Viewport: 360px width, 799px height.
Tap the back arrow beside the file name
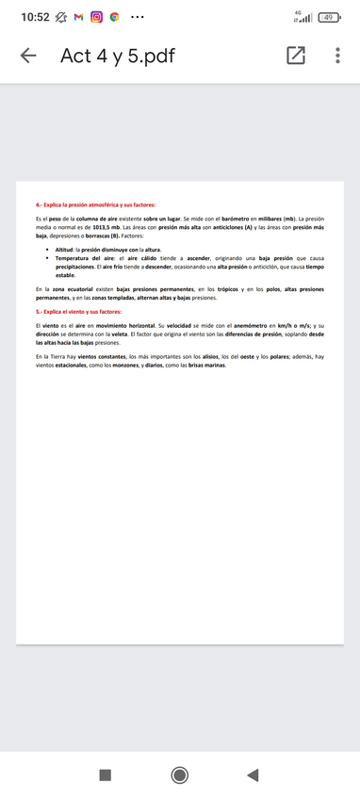tap(29, 57)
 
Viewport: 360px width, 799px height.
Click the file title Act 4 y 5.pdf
tap(118, 57)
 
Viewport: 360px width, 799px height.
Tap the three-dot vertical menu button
tap(337, 57)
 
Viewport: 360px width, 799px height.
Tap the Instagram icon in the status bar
tap(95, 17)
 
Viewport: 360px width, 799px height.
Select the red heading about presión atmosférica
tap(95, 204)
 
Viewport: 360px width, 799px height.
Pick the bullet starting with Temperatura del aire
tap(85, 257)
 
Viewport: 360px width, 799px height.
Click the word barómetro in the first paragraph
tap(222, 219)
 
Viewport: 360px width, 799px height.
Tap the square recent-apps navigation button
tap(106, 775)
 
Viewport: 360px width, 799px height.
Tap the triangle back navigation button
tap(252, 775)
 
